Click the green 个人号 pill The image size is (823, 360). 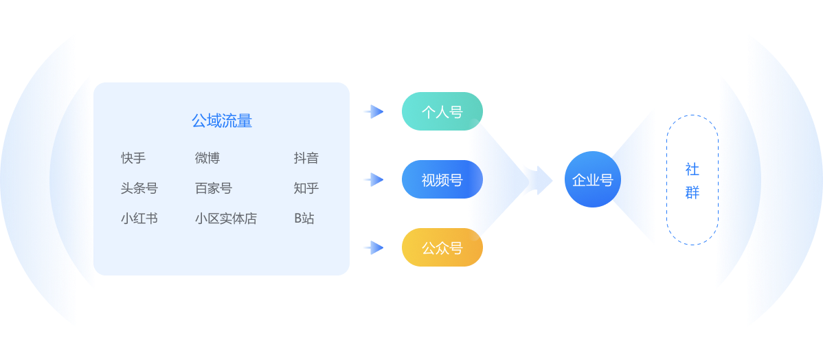(442, 111)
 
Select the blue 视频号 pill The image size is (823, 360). (442, 179)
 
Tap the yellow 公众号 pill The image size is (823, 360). (442, 247)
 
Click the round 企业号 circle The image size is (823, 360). (592, 179)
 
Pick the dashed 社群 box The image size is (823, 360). (692, 180)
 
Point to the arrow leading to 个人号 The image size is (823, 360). (373, 111)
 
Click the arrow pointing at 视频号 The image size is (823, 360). (373, 179)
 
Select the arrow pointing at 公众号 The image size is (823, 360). (373, 247)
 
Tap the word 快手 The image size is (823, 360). (133, 158)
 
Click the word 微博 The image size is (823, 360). (207, 158)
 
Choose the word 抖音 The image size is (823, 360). (306, 158)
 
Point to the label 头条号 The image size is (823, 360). (139, 188)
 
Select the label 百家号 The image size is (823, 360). (213, 188)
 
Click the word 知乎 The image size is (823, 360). (306, 188)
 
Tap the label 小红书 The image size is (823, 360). (139, 218)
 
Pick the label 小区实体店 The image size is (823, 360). (225, 218)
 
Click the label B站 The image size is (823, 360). (304, 218)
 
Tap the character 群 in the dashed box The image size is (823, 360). (692, 192)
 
